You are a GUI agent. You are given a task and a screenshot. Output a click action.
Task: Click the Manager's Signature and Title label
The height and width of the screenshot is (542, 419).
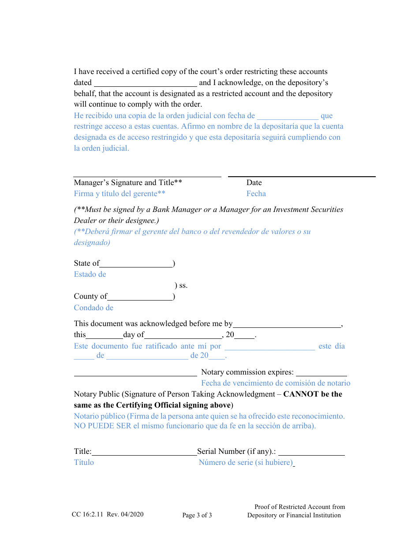pyautogui.click(x=128, y=183)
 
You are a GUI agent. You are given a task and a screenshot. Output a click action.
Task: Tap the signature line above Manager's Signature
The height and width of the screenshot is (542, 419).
pyautogui.click(x=147, y=176)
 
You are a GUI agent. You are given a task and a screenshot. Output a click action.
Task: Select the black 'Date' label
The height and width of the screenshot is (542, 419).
pyautogui.click(x=254, y=183)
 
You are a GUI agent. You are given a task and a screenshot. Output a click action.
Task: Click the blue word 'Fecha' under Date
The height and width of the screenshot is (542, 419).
pyautogui.click(x=256, y=194)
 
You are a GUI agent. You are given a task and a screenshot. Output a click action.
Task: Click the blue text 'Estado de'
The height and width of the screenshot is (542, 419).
pyautogui.click(x=90, y=275)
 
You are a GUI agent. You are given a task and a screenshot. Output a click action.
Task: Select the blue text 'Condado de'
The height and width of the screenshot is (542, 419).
pyautogui.click(x=94, y=308)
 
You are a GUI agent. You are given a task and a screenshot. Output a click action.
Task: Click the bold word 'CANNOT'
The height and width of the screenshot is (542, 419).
pyautogui.click(x=300, y=394)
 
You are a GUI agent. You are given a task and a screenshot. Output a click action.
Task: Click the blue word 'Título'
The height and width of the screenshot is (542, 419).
pyautogui.click(x=84, y=463)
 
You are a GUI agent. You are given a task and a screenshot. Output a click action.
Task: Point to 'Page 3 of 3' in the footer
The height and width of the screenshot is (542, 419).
pyautogui.click(x=197, y=516)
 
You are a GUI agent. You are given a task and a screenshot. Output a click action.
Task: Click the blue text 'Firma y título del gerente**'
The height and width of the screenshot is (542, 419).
pyautogui.click(x=120, y=194)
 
